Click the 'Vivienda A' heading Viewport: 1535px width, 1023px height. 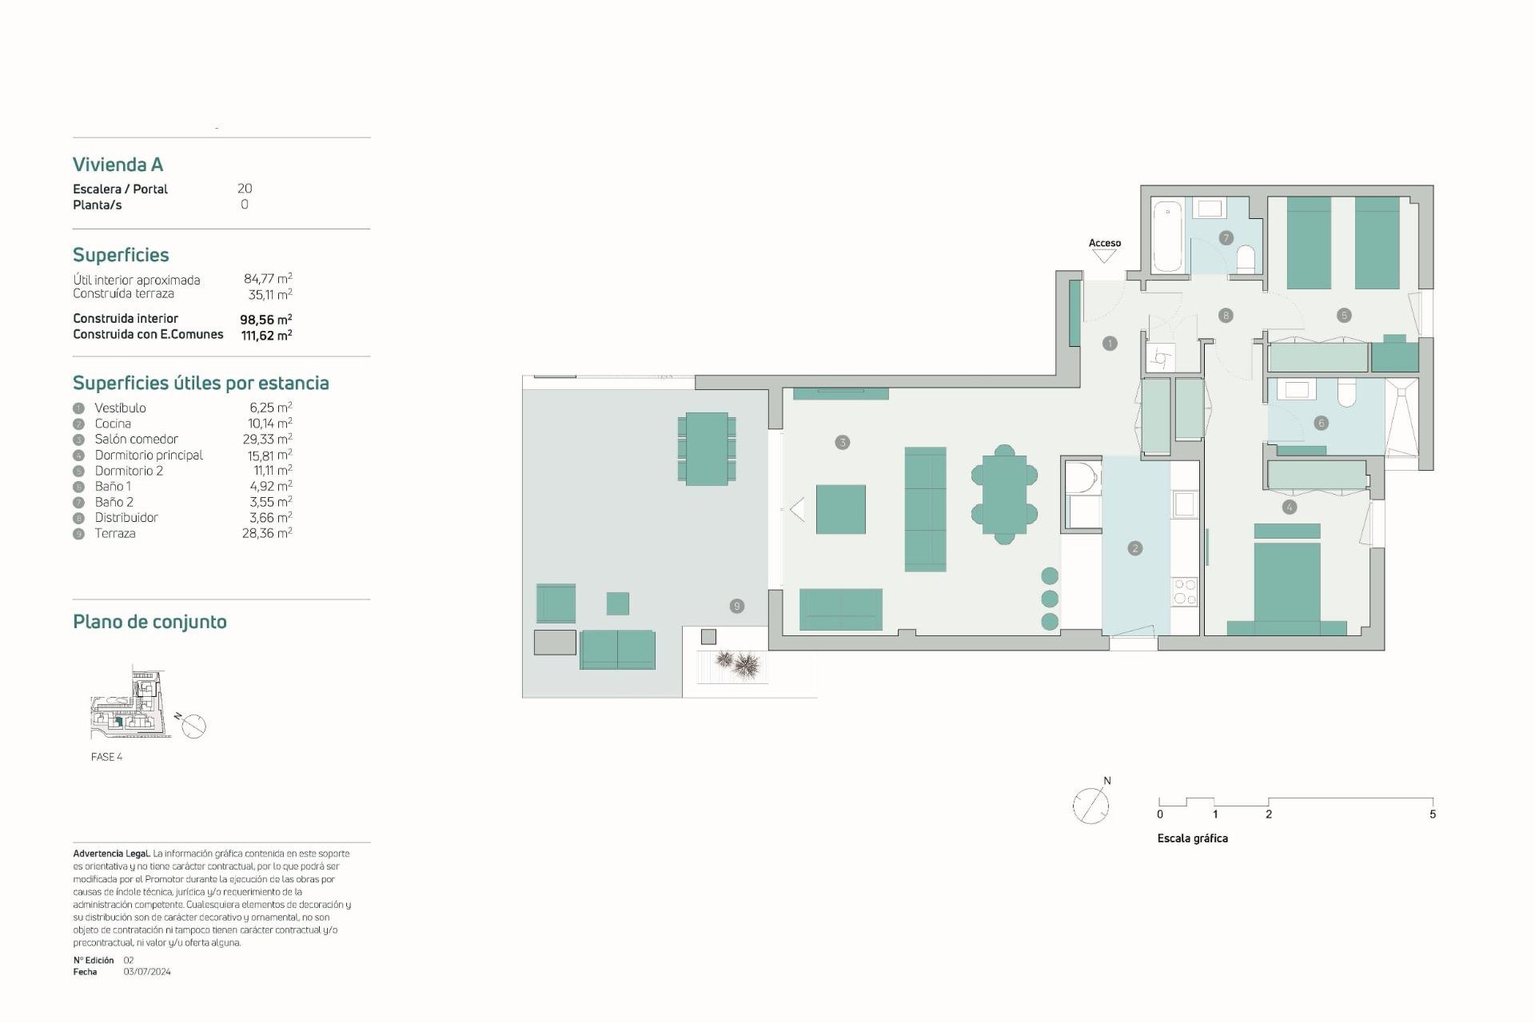[118, 165]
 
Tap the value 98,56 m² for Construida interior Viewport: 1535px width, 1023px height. [265, 320]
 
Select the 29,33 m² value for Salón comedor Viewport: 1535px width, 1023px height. [267, 440]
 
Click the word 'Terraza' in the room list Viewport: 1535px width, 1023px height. [115, 534]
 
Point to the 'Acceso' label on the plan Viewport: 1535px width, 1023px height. [1104, 243]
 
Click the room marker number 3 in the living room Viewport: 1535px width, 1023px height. [842, 442]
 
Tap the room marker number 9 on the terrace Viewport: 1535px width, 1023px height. [737, 606]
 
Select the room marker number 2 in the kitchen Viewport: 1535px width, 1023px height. [1134, 548]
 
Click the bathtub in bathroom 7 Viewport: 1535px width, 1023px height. [1168, 236]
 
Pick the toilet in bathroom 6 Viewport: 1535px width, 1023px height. [1346, 392]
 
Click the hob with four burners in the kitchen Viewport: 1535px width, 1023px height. [1184, 591]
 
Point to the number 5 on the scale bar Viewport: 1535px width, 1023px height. [1432, 814]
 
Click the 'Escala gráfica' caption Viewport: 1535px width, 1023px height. [1192, 838]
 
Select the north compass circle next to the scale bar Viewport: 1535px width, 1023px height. [1090, 805]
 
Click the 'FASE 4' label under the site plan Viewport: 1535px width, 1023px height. [106, 757]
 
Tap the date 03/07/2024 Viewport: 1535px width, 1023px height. [147, 972]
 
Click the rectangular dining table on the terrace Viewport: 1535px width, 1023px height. [707, 448]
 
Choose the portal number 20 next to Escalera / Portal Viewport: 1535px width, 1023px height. [245, 189]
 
